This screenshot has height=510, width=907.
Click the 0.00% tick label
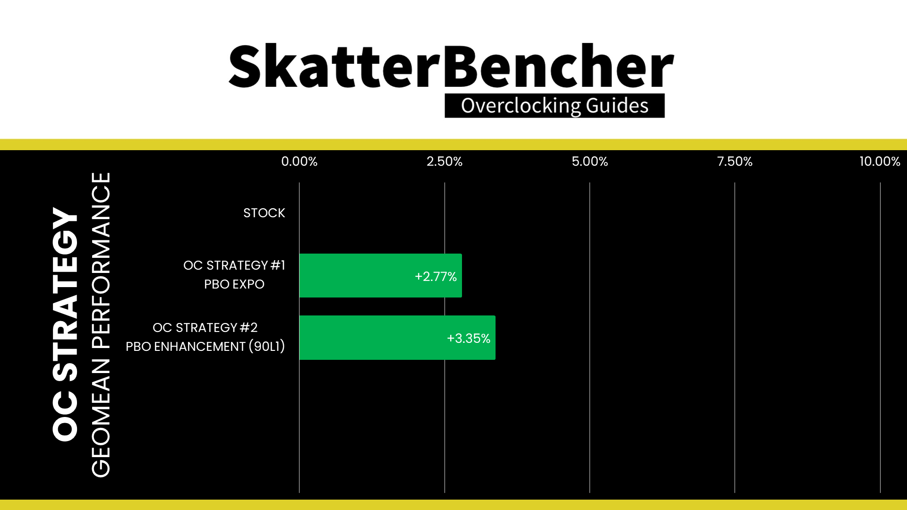pos(299,161)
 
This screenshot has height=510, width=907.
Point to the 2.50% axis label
pos(445,161)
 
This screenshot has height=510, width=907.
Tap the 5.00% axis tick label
pos(590,161)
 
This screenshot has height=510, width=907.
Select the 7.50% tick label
pos(735,161)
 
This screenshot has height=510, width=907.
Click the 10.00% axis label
pos(880,161)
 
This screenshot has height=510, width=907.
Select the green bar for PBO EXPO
pos(380,276)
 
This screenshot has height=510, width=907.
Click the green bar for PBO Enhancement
pos(397,338)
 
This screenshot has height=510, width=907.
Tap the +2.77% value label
pos(436,276)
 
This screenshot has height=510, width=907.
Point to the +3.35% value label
pos(469,338)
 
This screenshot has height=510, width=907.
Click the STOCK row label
pos(264,213)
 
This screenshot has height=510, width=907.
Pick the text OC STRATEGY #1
pos(234,265)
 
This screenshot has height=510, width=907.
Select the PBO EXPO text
pos(234,284)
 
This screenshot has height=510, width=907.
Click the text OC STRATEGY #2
pos(205,328)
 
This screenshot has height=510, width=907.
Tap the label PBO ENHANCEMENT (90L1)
pos(205,347)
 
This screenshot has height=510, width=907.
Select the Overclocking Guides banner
pos(555,106)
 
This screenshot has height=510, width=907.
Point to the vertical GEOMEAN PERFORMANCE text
pos(101,325)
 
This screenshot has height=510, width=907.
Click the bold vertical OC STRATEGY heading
pos(65,324)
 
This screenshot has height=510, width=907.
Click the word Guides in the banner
pos(617,105)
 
